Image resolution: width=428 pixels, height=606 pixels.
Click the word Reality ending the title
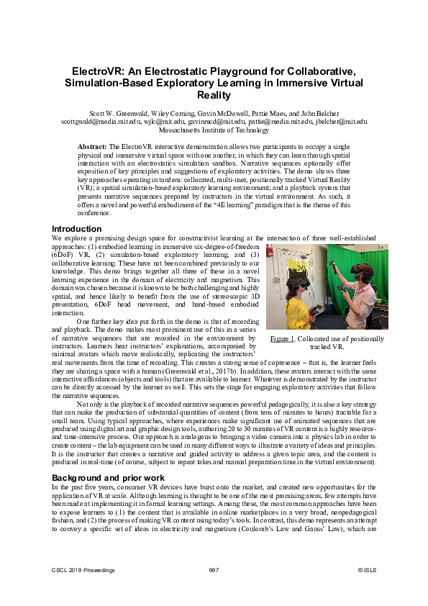pos(214,96)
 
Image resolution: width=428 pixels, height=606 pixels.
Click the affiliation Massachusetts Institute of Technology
pos(214,130)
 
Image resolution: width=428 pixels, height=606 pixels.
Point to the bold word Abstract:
pos(93,146)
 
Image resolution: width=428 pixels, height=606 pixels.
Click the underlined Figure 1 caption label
pos(283,338)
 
